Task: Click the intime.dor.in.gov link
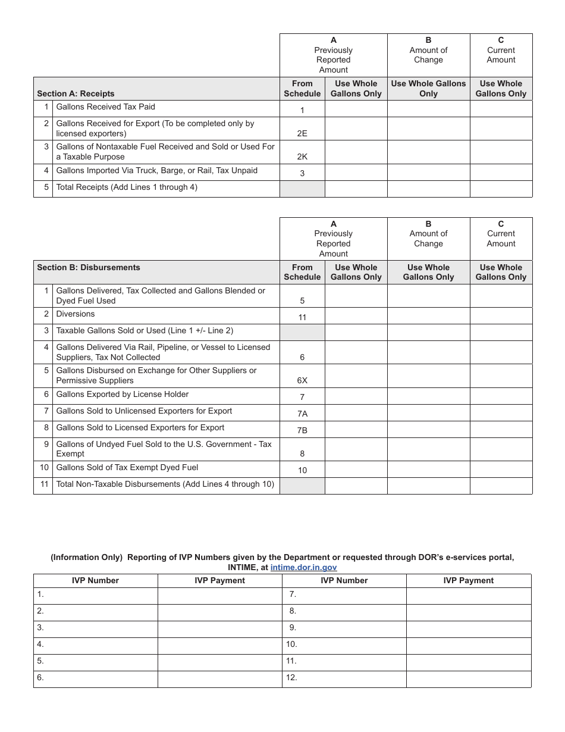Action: point(303,568)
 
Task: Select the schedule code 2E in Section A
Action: point(302,133)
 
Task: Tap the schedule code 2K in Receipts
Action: point(302,157)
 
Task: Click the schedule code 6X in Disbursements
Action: point(302,381)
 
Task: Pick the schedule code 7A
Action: point(302,414)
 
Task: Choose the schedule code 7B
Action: point(302,430)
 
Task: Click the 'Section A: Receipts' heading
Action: point(76,93)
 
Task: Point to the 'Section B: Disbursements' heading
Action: point(89,267)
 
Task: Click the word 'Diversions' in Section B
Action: point(76,314)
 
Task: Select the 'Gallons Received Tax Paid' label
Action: point(105,107)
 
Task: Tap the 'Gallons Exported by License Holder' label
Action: point(122,394)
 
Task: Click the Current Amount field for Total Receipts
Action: point(501,189)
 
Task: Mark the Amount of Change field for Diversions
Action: point(428,315)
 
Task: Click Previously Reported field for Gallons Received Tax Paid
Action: point(356,108)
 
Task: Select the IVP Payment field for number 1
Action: point(219,596)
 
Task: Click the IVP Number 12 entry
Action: point(344,678)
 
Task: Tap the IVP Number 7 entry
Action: point(344,595)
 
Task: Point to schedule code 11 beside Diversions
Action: point(302,318)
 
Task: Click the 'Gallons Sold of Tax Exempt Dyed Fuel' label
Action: point(127,468)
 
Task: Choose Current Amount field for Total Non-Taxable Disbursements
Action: point(501,486)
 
